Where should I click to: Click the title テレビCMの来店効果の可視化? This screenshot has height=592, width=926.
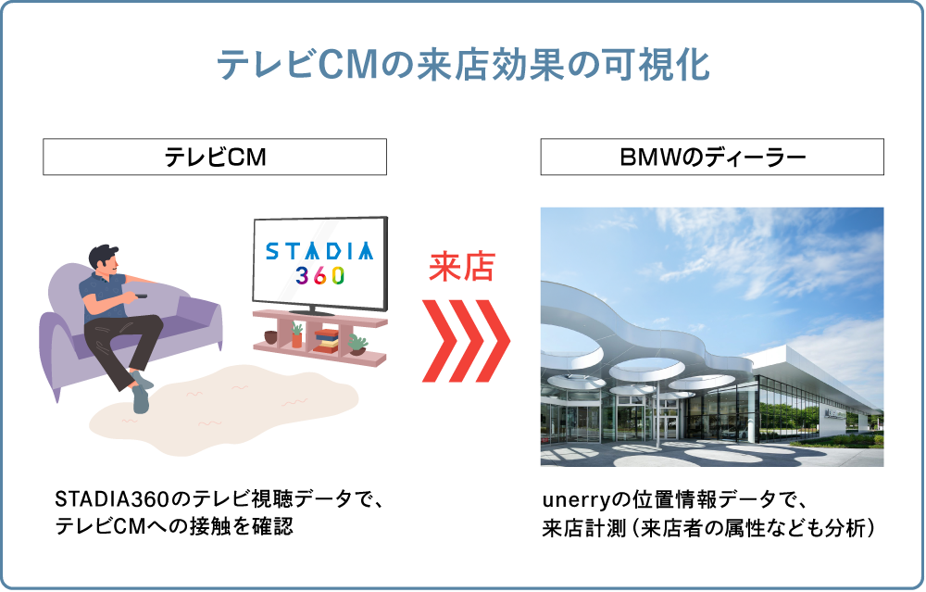(x=464, y=65)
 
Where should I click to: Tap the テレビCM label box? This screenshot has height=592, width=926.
(x=215, y=157)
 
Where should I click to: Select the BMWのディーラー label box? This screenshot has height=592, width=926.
(x=712, y=157)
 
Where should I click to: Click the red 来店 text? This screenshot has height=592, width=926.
(x=461, y=267)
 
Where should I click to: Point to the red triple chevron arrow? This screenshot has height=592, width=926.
(x=466, y=340)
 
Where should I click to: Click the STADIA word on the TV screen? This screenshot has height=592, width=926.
(x=319, y=251)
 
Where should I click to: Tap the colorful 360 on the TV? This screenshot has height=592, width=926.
(x=320, y=275)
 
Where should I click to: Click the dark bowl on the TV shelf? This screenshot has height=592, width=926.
(x=271, y=337)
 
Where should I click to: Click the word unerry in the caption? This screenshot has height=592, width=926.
(x=575, y=500)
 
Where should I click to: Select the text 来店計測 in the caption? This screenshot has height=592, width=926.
(x=583, y=527)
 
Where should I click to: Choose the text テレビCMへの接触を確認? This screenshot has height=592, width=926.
(x=174, y=526)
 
